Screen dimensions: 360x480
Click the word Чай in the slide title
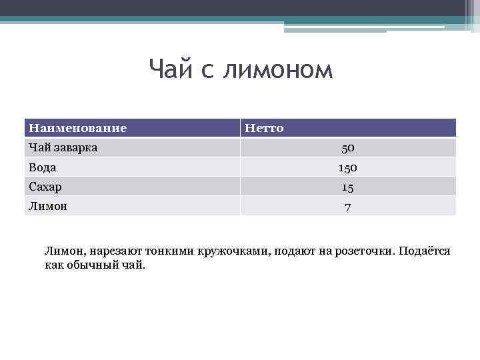point(168,69)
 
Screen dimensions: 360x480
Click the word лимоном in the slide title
point(278,69)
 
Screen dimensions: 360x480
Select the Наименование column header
point(77,127)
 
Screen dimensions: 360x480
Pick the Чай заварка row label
point(63,147)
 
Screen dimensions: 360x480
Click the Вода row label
point(42,167)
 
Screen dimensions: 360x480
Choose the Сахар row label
point(45,186)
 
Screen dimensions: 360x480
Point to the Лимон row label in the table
point(47,205)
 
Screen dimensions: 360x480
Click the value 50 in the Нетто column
point(347,148)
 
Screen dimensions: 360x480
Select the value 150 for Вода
point(347,167)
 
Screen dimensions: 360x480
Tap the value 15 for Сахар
point(347,187)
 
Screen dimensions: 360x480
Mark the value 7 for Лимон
point(347,206)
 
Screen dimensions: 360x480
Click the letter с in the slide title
point(205,69)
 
